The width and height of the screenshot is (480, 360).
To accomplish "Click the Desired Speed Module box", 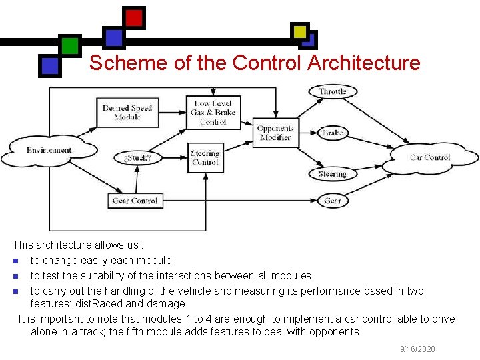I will pos(127,112).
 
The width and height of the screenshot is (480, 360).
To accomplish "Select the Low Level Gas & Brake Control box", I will pos(213,113).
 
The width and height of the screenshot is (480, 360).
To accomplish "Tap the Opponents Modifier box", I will pos(275,133).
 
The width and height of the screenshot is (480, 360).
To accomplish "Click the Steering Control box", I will pos(205,158).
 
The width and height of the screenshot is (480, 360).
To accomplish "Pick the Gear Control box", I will pos(135,200).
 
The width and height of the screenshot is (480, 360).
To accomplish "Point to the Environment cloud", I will pos(49,151).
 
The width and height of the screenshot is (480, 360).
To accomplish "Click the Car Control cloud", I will pos(430,158).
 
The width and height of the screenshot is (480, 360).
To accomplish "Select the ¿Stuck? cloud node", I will pos(137,159).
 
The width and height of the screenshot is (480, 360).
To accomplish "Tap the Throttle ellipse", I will pos(333,91).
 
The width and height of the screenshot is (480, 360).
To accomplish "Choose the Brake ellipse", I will pos(333,133).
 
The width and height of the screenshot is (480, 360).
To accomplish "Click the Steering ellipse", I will pos(333,174).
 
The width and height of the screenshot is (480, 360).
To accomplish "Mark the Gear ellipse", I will pos(333,200).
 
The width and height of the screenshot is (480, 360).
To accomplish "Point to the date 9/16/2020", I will pos(417,349).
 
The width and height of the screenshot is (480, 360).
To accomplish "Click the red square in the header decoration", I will pos(134,17).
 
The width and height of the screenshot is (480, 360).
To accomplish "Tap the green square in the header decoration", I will pos(70,45).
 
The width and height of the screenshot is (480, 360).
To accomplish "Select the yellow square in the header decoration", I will pos(300,31).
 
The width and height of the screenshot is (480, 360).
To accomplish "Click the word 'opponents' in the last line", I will pos(331,331).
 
